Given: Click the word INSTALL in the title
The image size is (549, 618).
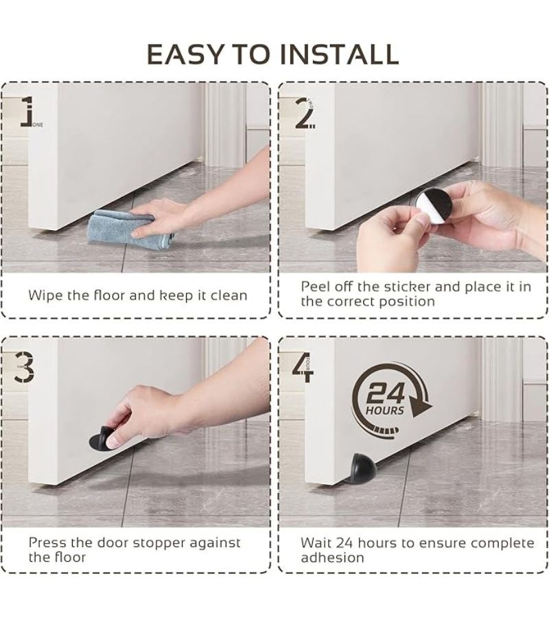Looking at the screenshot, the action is [x=340, y=54].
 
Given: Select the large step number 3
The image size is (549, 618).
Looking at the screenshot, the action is [x=23, y=367].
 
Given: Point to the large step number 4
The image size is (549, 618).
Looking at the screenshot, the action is [x=303, y=367].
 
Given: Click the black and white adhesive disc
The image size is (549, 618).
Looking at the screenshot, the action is [x=432, y=204].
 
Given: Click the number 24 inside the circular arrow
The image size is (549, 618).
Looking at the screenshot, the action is [x=386, y=393].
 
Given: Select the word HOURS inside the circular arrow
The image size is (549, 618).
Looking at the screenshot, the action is [x=385, y=411].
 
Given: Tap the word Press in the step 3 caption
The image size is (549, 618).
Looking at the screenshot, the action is [x=47, y=542].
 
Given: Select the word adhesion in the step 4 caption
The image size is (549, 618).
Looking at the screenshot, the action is [x=332, y=558].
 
